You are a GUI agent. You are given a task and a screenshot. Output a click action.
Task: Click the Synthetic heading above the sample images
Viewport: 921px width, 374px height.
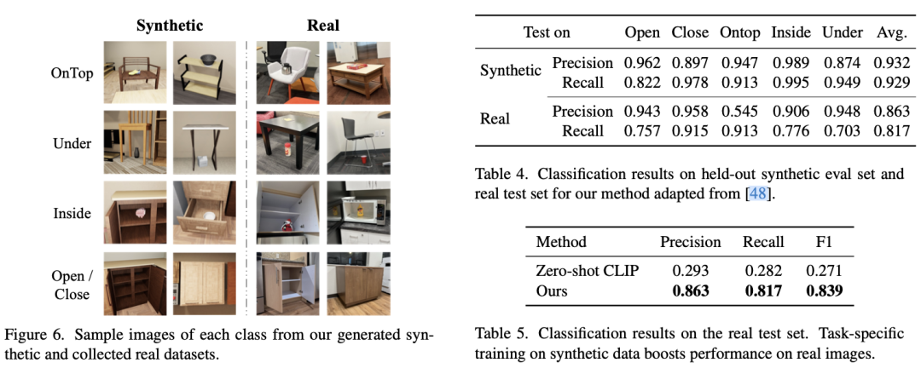(171, 26)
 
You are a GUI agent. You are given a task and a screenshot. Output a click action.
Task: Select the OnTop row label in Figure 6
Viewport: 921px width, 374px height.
(72, 73)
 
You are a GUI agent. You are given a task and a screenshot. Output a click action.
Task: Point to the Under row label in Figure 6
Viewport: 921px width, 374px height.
(72, 143)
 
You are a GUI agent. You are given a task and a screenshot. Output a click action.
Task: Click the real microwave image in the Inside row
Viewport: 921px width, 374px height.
(358, 212)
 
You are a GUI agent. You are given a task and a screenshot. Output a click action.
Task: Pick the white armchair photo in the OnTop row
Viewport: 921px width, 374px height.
(287, 73)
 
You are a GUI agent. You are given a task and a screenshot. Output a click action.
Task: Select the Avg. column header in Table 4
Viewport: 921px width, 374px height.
(892, 32)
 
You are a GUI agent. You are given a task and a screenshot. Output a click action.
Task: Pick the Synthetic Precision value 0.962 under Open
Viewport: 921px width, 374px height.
(642, 63)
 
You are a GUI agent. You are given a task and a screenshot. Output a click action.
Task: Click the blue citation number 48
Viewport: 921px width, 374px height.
(756, 194)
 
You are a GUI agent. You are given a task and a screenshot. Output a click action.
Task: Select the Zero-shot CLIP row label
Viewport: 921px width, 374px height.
(587, 271)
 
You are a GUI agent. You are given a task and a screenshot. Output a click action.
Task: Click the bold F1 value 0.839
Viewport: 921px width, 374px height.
(823, 291)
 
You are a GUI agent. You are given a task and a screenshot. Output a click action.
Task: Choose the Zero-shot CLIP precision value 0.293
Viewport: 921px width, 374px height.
(690, 271)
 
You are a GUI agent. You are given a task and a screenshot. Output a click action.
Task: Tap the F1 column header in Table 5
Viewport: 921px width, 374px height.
(823, 242)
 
